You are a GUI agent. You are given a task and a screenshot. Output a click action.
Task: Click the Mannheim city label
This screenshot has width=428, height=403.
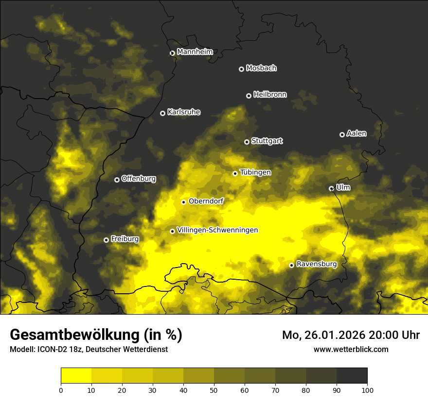click(x=195, y=52)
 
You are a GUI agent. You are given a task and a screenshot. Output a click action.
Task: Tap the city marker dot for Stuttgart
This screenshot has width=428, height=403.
click(x=247, y=142)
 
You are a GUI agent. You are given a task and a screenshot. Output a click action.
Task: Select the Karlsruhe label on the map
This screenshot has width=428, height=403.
click(x=183, y=112)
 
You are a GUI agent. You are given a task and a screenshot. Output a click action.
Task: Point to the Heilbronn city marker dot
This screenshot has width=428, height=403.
click(x=249, y=96)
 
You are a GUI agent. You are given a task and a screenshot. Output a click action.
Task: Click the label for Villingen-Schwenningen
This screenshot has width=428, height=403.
click(x=217, y=230)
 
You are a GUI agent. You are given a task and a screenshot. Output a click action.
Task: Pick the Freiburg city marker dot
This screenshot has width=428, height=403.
click(x=106, y=240)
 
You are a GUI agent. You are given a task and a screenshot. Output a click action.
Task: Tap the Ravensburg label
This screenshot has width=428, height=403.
click(x=316, y=264)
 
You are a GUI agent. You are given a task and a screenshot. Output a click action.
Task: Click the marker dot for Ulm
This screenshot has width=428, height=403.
click(x=331, y=188)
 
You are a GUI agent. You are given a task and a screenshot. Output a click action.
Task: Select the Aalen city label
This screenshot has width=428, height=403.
click(x=356, y=134)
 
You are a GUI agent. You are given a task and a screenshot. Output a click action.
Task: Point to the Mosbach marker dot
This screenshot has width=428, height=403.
click(x=241, y=69)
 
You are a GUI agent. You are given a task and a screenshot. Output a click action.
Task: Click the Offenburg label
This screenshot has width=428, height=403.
click(x=138, y=179)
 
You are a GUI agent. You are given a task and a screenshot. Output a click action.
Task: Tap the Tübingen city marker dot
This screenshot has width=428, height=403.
click(x=235, y=173)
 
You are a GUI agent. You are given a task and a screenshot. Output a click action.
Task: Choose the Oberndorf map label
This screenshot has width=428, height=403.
click(x=206, y=201)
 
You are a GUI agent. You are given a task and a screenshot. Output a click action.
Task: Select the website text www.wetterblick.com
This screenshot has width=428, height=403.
click(x=351, y=349)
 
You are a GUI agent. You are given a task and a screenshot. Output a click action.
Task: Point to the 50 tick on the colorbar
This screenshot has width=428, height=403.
click(x=214, y=389)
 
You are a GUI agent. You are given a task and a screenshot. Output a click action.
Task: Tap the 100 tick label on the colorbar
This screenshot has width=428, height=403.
click(x=367, y=389)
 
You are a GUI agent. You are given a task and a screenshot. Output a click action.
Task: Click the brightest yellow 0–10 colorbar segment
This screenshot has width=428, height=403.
click(x=76, y=375)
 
